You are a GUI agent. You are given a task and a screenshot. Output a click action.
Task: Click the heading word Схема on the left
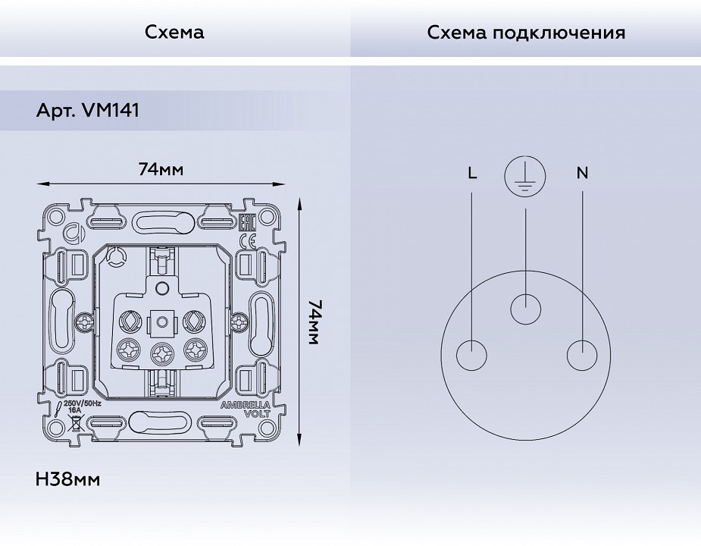174,33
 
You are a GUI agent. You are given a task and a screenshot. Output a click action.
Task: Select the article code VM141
109,111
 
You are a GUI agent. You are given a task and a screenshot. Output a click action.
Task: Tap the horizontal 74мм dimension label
161,169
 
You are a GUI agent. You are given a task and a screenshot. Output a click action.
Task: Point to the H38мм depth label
67,479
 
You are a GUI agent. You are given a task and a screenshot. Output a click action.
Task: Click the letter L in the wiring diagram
472,174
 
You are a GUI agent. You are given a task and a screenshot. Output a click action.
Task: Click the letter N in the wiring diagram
582,174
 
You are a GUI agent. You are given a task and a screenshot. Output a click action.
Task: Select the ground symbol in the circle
525,176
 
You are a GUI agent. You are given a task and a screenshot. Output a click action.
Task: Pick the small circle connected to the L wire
472,356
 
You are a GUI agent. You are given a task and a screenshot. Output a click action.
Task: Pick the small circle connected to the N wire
582,356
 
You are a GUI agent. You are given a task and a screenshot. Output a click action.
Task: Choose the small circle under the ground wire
526,309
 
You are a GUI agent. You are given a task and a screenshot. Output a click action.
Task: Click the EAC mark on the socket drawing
246,223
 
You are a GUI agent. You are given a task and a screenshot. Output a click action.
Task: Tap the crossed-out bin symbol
77,422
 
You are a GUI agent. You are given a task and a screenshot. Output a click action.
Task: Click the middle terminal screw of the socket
161,351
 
